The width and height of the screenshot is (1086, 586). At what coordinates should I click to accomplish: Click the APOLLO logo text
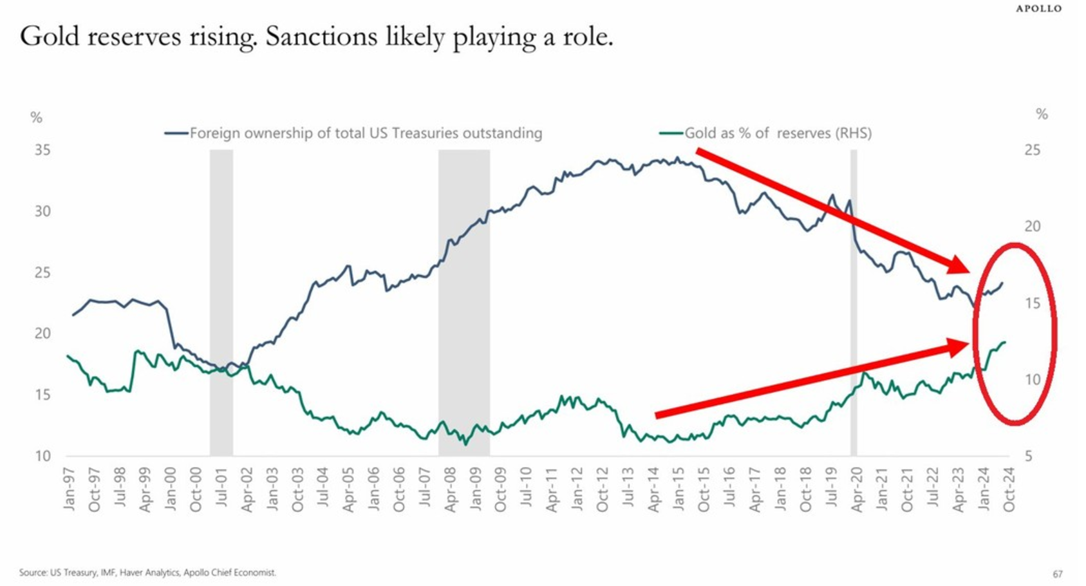tap(1039, 8)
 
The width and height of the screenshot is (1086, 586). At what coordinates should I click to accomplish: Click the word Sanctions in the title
tap(321, 37)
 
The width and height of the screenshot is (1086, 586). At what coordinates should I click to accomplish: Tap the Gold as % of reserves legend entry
tap(766, 133)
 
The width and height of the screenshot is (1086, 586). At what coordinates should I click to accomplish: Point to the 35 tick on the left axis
tap(42, 150)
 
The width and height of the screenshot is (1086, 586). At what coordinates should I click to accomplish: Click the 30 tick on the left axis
tap(42, 211)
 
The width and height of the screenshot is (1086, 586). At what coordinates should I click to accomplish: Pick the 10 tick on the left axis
tap(42, 456)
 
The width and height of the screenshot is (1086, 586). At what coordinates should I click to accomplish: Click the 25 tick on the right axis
tap(1032, 150)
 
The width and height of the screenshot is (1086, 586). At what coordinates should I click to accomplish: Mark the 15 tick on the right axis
tap(1032, 303)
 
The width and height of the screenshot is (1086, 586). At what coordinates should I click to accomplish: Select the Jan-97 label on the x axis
tap(69, 489)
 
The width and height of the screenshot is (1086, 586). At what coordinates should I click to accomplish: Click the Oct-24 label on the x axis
tap(1009, 489)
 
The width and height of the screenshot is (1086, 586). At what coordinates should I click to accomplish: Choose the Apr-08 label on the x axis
tap(450, 489)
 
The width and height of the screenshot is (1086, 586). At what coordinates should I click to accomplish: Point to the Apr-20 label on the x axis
tap(856, 489)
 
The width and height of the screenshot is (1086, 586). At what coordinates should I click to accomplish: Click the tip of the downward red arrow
tap(968, 270)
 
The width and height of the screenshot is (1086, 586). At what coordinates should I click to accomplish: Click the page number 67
tap(1058, 574)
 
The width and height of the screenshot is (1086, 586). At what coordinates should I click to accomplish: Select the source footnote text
tap(147, 572)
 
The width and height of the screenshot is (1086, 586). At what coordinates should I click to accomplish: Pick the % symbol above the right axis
tap(1042, 115)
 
